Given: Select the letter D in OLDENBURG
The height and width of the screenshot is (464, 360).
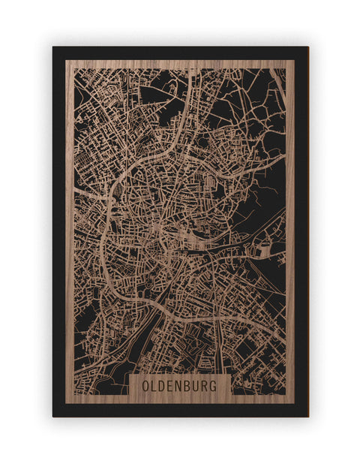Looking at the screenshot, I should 163,385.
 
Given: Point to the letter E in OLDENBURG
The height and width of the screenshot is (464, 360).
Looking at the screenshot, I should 172,385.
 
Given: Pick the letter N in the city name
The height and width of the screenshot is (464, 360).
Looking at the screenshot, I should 180,385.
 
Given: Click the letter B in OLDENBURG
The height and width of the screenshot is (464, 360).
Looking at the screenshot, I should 189,385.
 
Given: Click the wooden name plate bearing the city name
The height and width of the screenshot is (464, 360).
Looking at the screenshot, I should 180,385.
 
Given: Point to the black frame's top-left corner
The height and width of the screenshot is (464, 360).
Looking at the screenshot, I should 53,47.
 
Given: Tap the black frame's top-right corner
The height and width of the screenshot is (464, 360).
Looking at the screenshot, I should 307,47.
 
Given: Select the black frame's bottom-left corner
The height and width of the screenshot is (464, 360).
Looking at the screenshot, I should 53,416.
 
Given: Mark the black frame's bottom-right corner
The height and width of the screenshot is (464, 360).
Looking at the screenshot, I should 307,416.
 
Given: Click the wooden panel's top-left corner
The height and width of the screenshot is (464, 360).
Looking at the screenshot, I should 66,61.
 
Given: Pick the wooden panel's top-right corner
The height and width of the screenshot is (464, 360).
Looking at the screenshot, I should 294,61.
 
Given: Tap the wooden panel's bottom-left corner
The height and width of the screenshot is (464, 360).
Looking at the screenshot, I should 66,403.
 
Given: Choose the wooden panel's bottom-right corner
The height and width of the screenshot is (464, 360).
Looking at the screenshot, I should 294,403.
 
